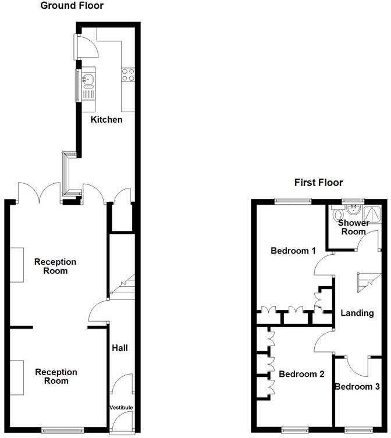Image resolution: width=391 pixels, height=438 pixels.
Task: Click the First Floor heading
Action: [x=318, y=182]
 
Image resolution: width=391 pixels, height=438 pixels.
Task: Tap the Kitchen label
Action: [x=106, y=120]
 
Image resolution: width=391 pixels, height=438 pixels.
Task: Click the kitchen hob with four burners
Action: [x=127, y=74]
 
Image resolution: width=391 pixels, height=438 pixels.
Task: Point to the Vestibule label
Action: [x=121, y=408]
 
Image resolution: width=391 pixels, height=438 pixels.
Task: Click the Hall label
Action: [x=120, y=348]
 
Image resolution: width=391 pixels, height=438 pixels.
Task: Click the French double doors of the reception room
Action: [x=40, y=191]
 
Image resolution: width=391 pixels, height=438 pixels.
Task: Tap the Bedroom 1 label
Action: [x=293, y=251]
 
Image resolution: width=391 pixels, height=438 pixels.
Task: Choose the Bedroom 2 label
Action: [x=301, y=374]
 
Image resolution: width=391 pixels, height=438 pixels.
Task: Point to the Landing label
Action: [x=357, y=313]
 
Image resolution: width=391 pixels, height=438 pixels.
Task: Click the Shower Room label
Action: [x=353, y=227]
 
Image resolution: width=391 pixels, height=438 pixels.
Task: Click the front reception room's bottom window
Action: [x=61, y=430]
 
